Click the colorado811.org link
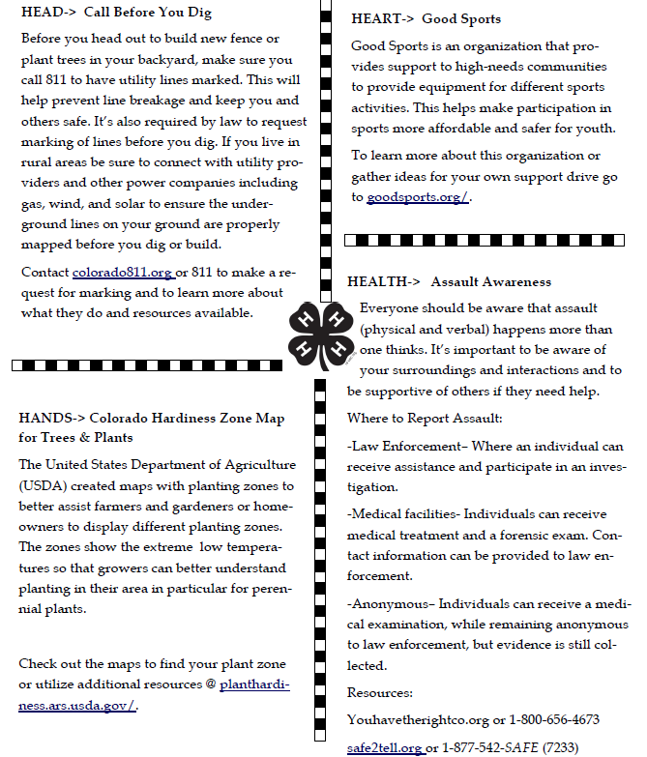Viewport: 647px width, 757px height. (123, 274)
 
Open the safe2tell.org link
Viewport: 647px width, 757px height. (384, 747)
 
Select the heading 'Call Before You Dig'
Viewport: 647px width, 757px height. (146, 14)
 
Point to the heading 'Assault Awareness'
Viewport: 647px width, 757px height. (490, 282)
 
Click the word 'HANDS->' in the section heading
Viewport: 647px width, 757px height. (51, 419)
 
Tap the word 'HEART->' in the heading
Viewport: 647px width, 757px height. (385, 19)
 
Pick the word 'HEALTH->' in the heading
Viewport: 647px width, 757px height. (384, 282)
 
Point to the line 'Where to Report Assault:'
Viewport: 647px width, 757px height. (425, 419)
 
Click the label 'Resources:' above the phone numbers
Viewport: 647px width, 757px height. (380, 693)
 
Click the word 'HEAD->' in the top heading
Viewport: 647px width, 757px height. (48, 14)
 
